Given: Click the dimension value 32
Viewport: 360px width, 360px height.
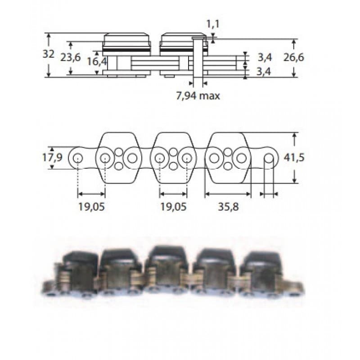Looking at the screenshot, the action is click(49, 54).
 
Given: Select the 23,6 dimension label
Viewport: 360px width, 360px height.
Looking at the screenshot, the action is click(71, 58).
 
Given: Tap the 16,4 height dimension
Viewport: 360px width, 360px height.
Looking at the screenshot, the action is click(97, 62).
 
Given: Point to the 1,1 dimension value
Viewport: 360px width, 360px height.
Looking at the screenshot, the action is click(213, 24).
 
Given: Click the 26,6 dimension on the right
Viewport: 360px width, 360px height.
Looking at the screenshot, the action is click(294, 58).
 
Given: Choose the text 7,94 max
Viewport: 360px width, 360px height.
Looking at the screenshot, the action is click(198, 96).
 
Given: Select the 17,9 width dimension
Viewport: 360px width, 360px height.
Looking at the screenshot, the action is click(52, 157).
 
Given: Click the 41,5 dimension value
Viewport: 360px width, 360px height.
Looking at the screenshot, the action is click(294, 158).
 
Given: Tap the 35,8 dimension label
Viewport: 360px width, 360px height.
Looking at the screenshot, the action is click(228, 207).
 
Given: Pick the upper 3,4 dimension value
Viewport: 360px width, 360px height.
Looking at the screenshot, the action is click(265, 58).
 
